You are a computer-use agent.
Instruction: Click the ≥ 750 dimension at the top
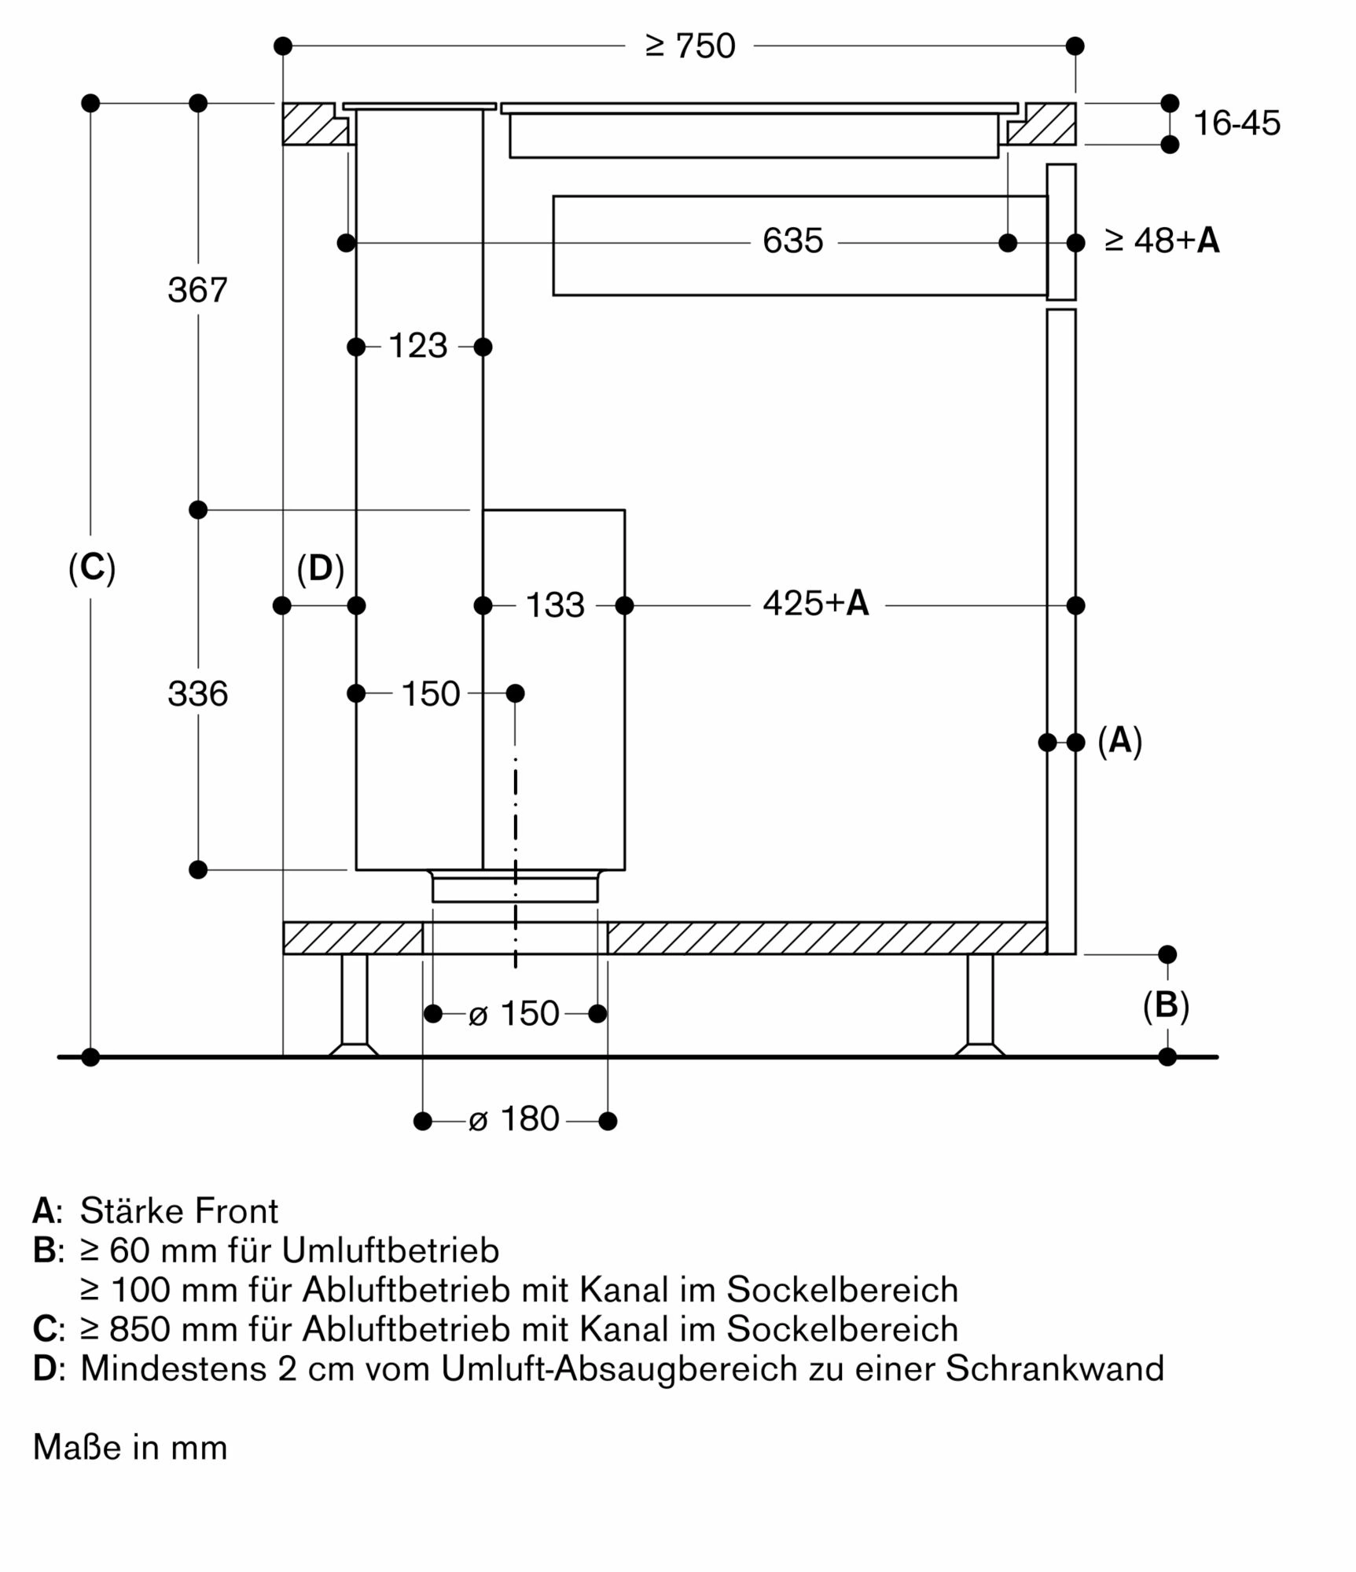(x=689, y=46)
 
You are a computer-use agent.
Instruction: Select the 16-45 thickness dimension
(x=1237, y=123)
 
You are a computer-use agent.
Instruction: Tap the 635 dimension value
(x=792, y=241)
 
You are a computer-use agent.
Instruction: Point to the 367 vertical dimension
(x=197, y=290)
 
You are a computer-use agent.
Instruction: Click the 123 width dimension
(x=417, y=346)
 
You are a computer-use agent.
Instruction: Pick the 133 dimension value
(x=554, y=605)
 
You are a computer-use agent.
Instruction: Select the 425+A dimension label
(x=816, y=603)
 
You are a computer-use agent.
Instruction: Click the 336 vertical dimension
(x=197, y=694)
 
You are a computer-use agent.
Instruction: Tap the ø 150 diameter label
(x=513, y=1014)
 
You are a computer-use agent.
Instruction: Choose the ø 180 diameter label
(x=513, y=1119)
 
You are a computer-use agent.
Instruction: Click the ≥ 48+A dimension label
(x=1162, y=241)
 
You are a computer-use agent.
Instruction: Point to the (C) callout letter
(x=92, y=567)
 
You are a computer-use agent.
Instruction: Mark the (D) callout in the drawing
(x=320, y=568)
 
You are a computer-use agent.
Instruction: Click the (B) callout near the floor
(x=1166, y=1005)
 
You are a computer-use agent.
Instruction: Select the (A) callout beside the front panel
(x=1119, y=741)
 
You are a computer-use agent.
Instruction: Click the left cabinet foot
(x=354, y=1007)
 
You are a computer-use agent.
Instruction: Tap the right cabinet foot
(x=979, y=1007)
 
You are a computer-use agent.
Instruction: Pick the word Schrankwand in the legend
(x=1054, y=1368)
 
